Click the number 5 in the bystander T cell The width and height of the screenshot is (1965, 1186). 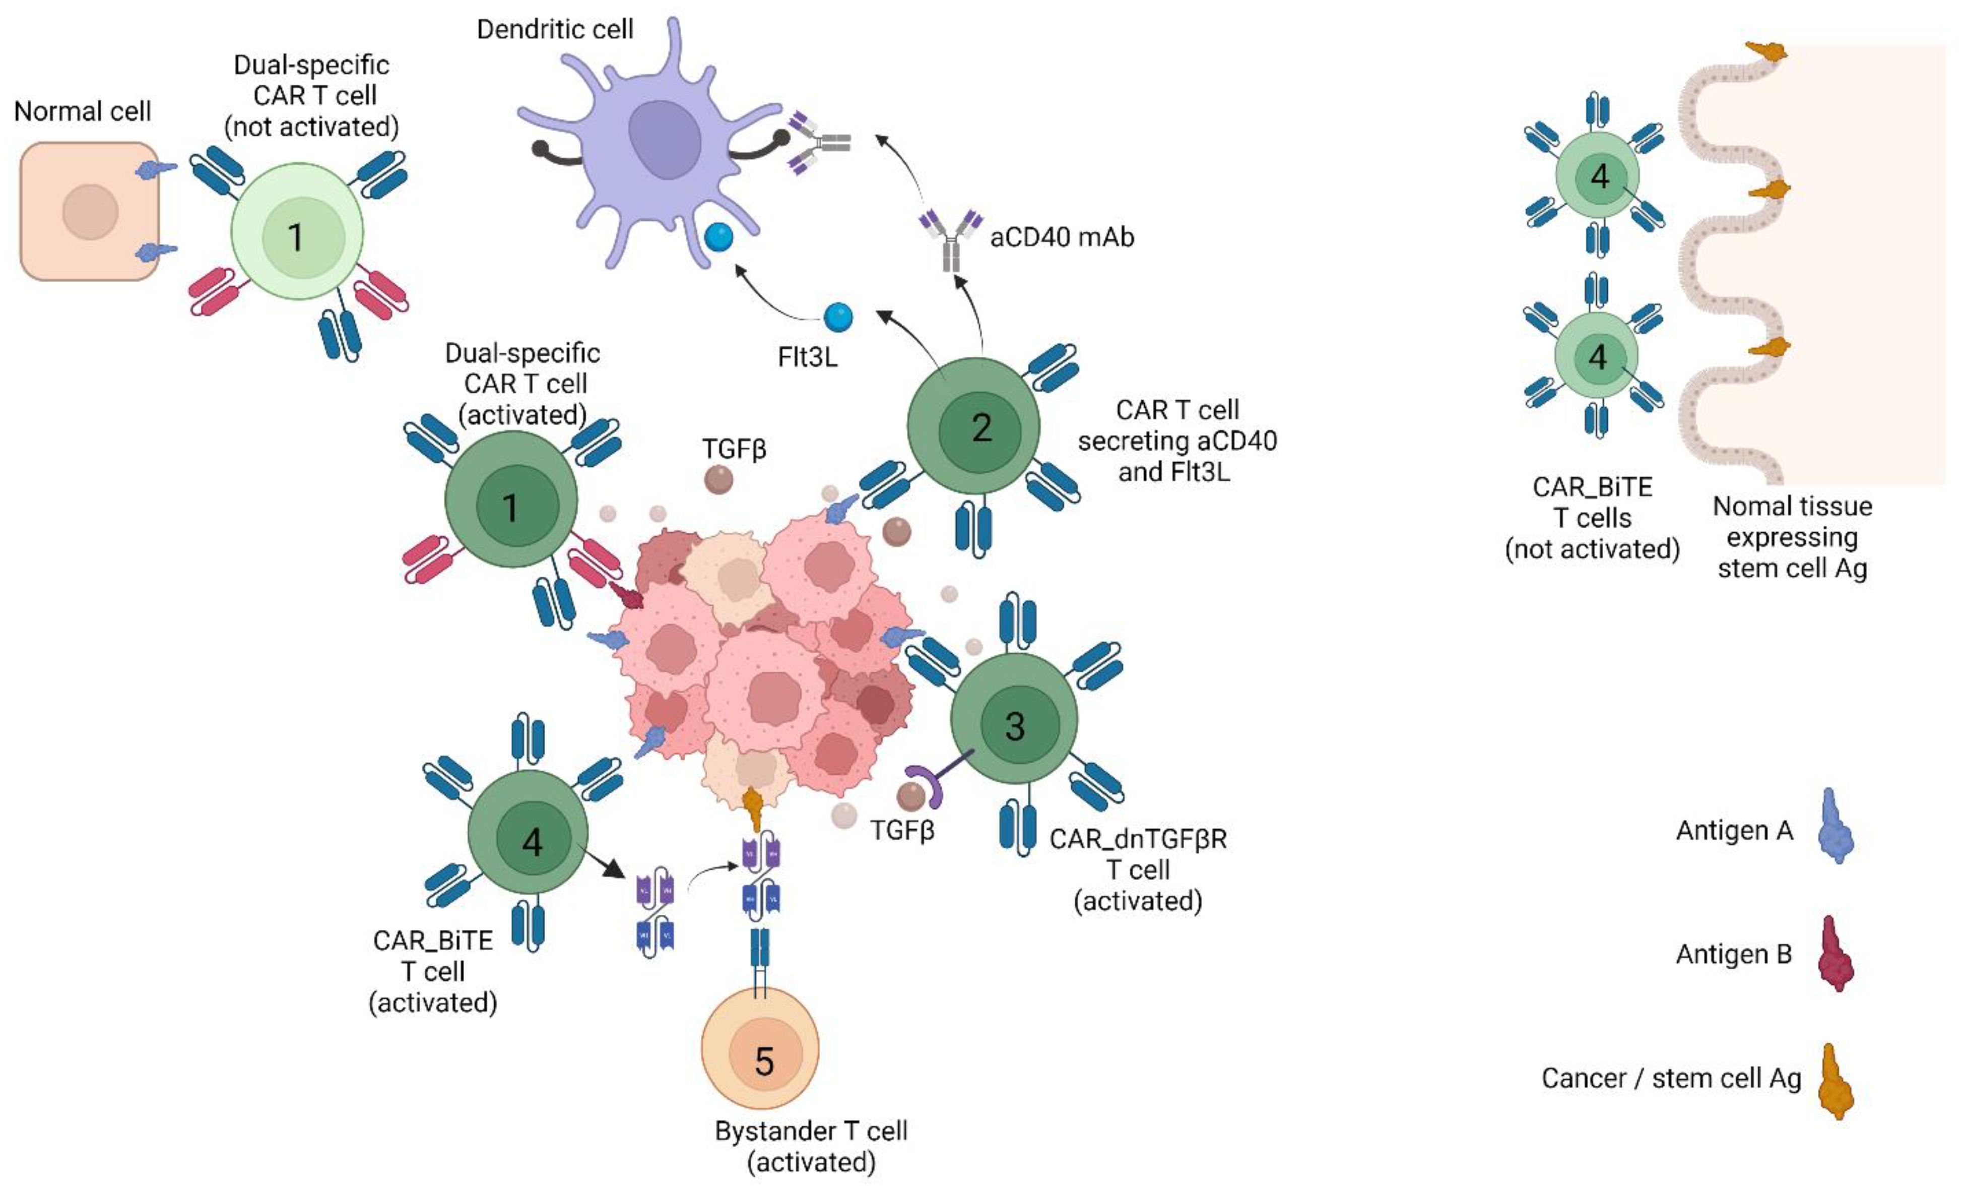point(764,1062)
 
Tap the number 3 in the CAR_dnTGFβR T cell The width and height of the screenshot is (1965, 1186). point(1014,726)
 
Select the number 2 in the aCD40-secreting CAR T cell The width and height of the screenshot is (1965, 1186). point(981,428)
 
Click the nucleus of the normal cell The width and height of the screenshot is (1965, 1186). point(90,212)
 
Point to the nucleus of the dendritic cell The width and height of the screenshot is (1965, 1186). point(664,140)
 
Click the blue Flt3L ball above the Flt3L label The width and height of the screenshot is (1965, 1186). point(837,318)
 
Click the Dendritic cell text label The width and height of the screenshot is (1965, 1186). point(555,30)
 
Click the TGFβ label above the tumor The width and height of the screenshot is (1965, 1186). point(734,449)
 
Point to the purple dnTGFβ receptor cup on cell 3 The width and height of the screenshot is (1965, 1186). point(925,786)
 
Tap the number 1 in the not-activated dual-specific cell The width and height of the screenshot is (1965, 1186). point(296,237)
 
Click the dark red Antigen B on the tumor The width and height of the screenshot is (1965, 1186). point(628,595)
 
